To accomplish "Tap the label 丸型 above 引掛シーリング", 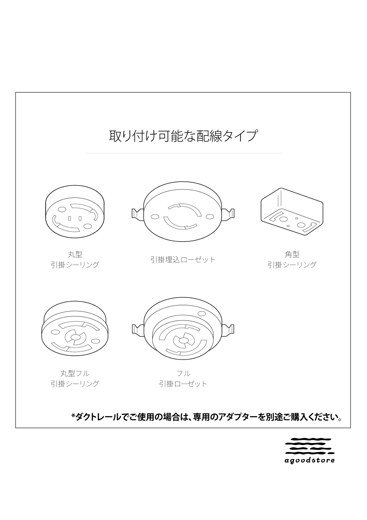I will point(75,254).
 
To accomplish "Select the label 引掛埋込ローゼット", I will point(183,259).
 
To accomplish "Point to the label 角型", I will point(292,254).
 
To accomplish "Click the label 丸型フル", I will point(75,373).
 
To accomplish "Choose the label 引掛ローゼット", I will point(183,384).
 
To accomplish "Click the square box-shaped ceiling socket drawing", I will point(292,212).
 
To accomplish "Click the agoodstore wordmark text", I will point(310,460).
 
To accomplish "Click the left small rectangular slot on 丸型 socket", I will point(70,218).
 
